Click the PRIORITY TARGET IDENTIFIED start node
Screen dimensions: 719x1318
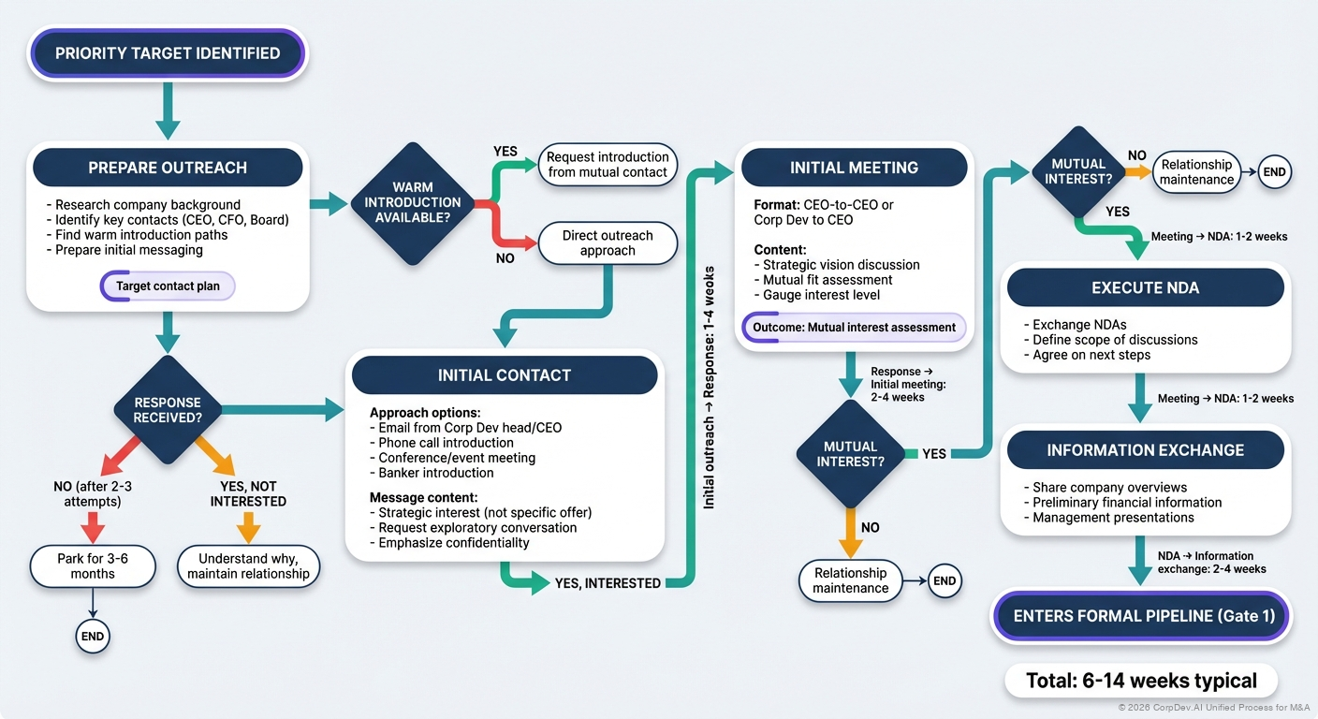point(168,53)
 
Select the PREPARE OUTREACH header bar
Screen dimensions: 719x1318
point(168,168)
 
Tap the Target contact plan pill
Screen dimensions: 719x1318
point(168,286)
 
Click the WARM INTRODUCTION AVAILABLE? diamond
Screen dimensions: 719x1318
point(412,202)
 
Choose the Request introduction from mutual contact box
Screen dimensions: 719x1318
point(608,165)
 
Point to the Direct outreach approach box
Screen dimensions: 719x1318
point(608,243)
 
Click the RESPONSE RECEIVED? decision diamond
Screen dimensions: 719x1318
point(168,410)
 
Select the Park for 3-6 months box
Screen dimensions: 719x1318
point(92,566)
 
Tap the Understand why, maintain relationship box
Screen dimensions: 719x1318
point(248,566)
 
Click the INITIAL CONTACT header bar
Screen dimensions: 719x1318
point(504,375)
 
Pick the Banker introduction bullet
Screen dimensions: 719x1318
point(435,473)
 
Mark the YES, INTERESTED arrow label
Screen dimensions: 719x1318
point(608,583)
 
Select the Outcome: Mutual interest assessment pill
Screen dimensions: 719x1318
point(854,328)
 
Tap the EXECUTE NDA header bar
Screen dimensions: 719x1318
point(1145,287)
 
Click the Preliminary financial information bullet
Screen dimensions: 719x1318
point(1127,503)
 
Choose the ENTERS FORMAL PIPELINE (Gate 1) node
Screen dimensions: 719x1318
point(1141,616)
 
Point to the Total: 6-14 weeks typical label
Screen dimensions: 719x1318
point(1141,681)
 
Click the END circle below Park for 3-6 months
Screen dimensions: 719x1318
point(92,637)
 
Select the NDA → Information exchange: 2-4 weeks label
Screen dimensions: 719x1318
point(1211,563)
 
